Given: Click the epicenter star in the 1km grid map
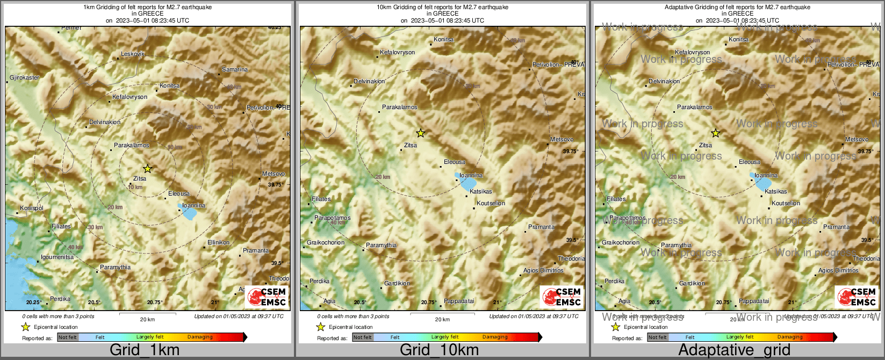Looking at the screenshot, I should point(147,169).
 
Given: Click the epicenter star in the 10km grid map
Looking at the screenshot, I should point(420,133).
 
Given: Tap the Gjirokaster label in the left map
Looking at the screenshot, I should point(25,78).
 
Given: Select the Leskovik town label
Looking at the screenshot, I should point(133,54).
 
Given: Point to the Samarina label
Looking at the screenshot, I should point(235,70).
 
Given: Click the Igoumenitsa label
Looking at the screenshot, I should point(57,257).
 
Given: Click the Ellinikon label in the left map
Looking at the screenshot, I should point(218,243).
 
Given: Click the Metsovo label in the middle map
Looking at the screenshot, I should point(562,140).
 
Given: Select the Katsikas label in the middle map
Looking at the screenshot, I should point(480,192).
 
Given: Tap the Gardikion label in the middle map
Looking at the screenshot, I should point(397,284).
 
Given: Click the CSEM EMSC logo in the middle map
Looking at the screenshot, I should point(562,297).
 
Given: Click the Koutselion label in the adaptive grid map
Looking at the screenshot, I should point(786,204).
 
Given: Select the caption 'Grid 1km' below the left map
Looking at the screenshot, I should point(145,350).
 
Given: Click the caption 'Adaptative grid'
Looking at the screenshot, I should point(734,350).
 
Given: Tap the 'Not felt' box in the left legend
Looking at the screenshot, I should point(68,337).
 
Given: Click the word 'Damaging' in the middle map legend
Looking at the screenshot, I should point(495,337).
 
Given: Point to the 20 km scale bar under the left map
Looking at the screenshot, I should point(147,313).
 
